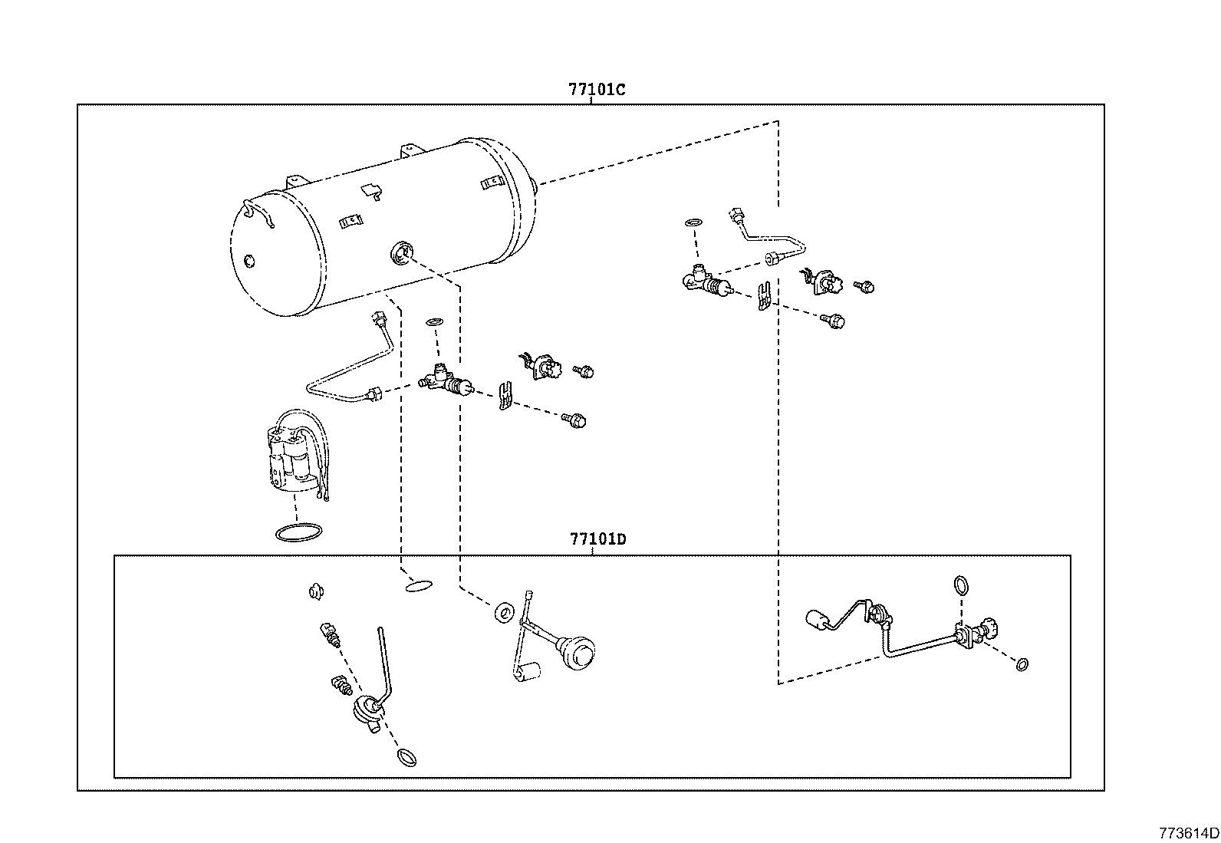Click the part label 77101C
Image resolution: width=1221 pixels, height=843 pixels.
tap(597, 89)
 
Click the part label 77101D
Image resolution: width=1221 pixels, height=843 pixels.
tap(597, 538)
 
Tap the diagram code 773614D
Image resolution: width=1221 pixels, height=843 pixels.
tap(1188, 832)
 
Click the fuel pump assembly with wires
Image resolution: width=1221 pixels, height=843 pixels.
tap(295, 456)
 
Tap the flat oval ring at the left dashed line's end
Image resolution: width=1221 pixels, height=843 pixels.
tap(417, 586)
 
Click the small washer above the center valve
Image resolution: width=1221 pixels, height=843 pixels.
tap(433, 321)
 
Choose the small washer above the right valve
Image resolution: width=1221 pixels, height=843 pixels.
tap(693, 222)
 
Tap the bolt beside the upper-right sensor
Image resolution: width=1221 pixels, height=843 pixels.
tap(866, 287)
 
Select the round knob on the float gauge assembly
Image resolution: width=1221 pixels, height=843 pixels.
tap(581, 651)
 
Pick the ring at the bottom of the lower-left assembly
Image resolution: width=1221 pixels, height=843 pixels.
tap(408, 758)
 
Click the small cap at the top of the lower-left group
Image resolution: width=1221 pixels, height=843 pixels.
tap(314, 591)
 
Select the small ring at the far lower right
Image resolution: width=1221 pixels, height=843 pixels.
tap(1021, 664)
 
